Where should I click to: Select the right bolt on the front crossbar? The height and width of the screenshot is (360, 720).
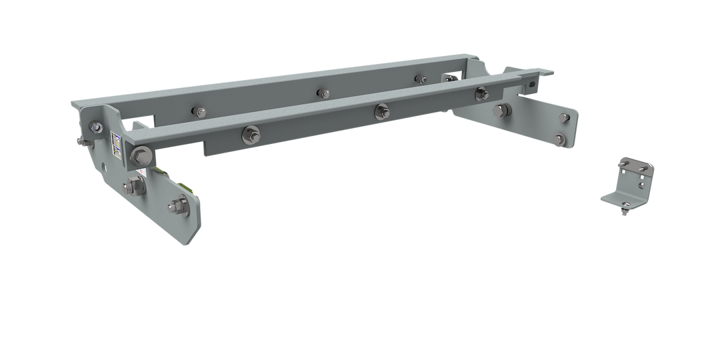[481, 95]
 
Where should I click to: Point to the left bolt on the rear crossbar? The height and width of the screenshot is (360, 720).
[199, 111]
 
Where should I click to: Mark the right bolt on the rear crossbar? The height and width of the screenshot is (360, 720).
[421, 79]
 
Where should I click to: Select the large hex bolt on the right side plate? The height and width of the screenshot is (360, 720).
[500, 111]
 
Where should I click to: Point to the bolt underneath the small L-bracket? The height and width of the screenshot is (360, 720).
[622, 212]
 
